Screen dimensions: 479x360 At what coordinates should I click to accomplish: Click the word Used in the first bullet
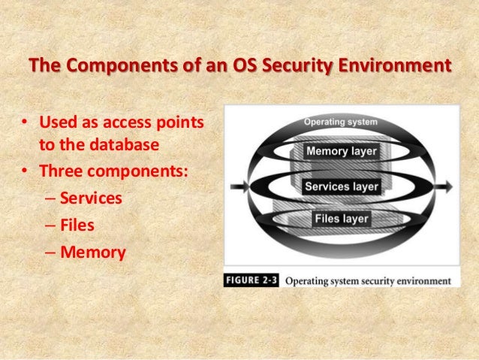point(59,121)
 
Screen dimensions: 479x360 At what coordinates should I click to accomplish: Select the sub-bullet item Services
point(91,198)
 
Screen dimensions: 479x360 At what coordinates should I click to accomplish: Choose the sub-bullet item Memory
point(92,252)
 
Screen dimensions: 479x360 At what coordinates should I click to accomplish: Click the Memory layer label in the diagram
point(341,151)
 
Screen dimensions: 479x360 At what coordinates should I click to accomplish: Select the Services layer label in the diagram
point(341,186)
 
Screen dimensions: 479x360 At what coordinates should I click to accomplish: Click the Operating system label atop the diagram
point(341,121)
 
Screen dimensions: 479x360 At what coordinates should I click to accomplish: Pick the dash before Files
point(50,225)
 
